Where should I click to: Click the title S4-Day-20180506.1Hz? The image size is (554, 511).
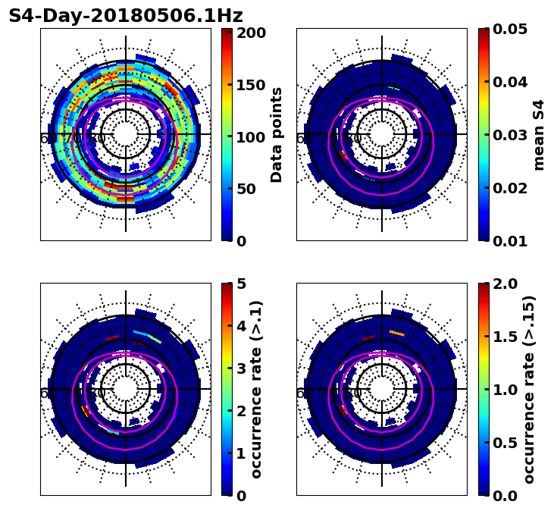(x=126, y=16)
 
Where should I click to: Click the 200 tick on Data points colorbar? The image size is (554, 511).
(x=251, y=33)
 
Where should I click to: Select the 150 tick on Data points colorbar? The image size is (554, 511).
(x=251, y=85)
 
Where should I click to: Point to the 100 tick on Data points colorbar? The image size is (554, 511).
(x=251, y=137)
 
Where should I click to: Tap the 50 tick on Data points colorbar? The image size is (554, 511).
(x=251, y=189)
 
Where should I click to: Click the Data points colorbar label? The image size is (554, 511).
(x=277, y=135)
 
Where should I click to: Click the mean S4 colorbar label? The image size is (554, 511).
(x=540, y=135)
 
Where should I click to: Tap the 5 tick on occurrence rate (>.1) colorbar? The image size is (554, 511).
(x=242, y=284)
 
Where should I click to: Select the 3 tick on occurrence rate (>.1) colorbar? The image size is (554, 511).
(x=242, y=369)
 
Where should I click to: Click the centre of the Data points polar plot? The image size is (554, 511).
(x=126, y=134)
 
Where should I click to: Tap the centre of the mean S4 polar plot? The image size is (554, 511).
(x=382, y=134)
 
